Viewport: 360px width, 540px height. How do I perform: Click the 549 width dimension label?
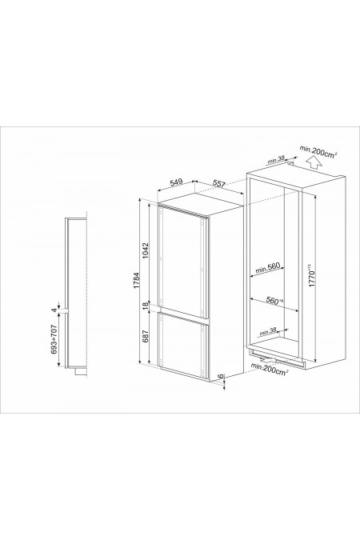point(176,182)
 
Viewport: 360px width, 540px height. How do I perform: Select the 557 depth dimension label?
point(218,184)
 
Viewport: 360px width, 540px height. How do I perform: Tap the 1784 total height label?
point(137,280)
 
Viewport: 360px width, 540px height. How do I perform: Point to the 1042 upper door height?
point(146,251)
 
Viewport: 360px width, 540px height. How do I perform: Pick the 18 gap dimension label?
point(146,305)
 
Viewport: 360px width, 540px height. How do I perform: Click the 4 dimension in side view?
point(54,310)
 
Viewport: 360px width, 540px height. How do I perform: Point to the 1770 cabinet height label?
point(312,276)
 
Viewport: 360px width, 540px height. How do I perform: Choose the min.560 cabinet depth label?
point(268,268)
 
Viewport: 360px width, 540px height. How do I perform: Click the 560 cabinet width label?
point(274,301)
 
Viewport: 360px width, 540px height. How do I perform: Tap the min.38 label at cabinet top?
point(276,160)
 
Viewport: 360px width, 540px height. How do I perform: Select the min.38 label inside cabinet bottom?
point(268,332)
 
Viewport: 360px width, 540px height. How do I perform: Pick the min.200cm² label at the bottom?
point(270,369)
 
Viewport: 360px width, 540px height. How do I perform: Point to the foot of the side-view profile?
point(81,371)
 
